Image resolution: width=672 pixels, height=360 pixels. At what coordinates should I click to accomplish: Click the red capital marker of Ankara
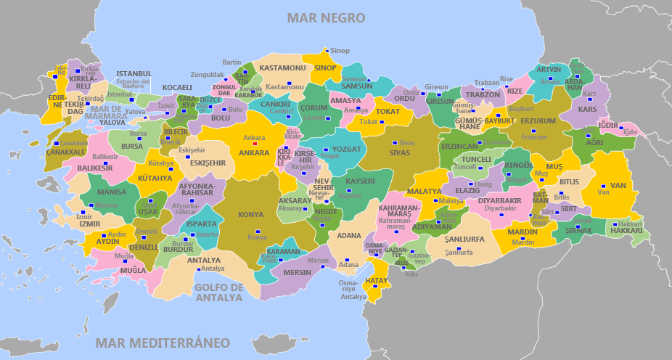pos(254,143)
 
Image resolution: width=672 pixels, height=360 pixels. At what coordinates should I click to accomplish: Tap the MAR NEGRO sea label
pos(326,17)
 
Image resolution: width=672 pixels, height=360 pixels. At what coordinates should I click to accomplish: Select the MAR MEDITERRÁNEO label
pos(163,343)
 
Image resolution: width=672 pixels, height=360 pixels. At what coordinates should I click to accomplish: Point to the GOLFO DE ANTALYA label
pos(218,292)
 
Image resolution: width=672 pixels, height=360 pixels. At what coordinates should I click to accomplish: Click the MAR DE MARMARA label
pos(105,112)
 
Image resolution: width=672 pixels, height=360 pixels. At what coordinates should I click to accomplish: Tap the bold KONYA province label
pos(251,215)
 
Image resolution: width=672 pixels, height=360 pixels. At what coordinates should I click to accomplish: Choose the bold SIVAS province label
pos(399,152)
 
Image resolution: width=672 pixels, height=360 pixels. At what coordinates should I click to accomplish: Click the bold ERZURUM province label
pos(538,120)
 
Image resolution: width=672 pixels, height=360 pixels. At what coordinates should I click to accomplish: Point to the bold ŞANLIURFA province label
pos(464,239)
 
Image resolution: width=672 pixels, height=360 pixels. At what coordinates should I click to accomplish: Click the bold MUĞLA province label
pos(133,271)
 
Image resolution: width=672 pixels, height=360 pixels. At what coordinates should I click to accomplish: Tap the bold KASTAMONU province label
pos(282,67)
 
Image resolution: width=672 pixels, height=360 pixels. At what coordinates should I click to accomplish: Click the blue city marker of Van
pos(603,186)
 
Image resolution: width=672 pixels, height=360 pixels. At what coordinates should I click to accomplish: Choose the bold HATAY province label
pos(377,280)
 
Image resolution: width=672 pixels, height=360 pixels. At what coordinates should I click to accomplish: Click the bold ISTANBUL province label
pos(134,73)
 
